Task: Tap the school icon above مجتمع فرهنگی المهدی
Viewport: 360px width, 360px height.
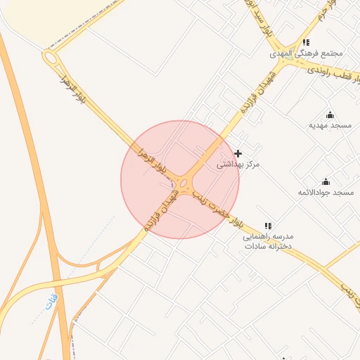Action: click(x=306, y=42)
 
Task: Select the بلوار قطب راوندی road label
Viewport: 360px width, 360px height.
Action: click(x=331, y=72)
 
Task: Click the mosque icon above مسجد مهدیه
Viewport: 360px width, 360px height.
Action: click(x=330, y=115)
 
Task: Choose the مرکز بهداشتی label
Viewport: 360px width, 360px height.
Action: click(x=238, y=165)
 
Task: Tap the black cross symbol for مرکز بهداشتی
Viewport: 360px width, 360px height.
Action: click(x=238, y=153)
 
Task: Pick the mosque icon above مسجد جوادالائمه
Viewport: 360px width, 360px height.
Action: click(x=325, y=181)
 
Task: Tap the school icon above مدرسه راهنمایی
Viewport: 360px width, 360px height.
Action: click(x=267, y=226)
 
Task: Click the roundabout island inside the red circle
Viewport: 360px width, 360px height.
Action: click(x=183, y=184)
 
